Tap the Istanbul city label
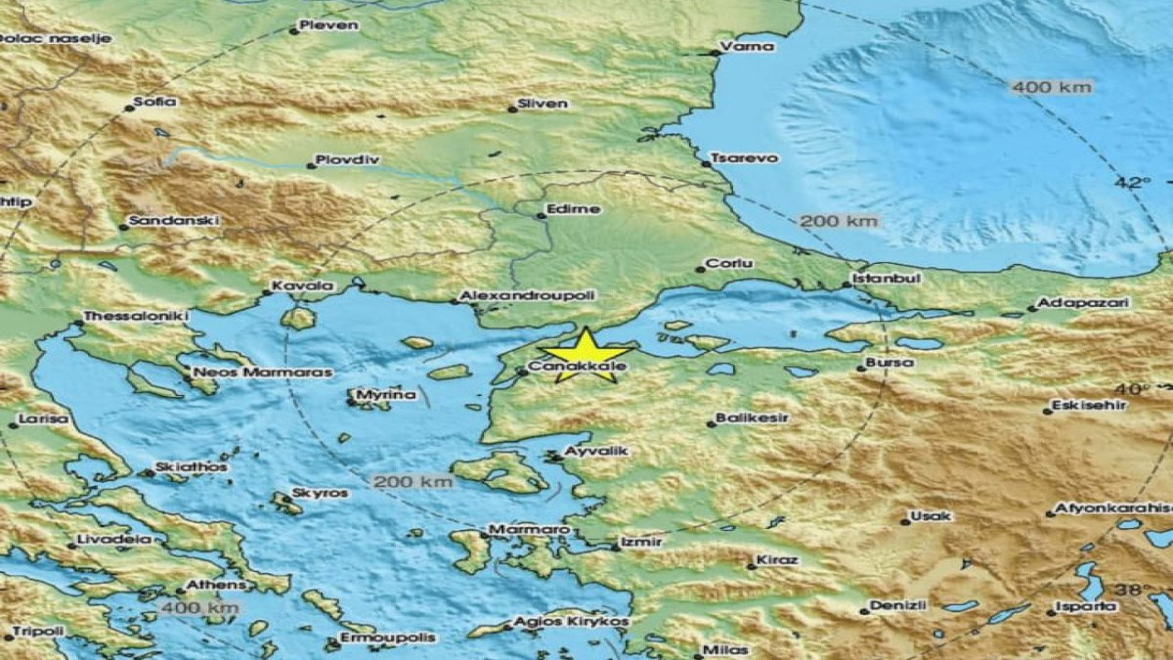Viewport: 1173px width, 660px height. pos(874,277)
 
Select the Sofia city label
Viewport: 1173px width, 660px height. pos(154,102)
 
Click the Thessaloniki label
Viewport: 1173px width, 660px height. pos(136,316)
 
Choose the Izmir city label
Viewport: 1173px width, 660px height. pos(641,542)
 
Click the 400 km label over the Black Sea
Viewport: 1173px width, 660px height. pos(1051,87)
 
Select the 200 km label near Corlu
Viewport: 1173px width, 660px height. pos(839,221)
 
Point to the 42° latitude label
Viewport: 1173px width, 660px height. pos(1133,182)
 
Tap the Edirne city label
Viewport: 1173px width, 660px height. pos(573,209)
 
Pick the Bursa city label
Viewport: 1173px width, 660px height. pos(890,362)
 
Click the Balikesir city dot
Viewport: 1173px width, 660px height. pos(711,423)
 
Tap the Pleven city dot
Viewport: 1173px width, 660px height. pos(294,30)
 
